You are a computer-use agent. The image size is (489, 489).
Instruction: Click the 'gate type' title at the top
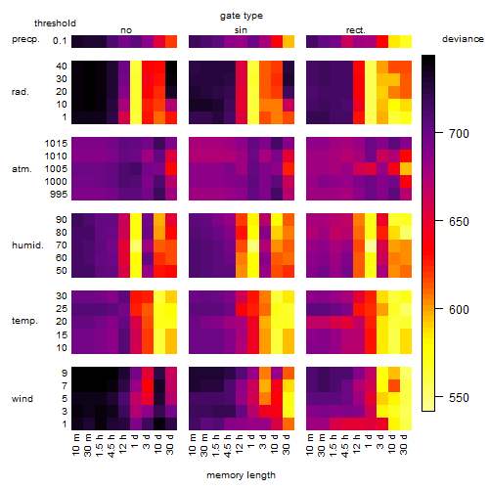[x=242, y=16]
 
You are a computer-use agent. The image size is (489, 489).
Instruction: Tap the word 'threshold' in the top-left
[x=55, y=23]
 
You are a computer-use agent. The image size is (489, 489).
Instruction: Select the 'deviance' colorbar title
[x=463, y=39]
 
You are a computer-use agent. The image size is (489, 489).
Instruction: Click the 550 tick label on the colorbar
[x=459, y=397]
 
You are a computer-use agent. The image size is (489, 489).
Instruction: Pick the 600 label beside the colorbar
[x=459, y=309]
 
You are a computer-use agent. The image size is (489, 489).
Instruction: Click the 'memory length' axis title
[x=242, y=475]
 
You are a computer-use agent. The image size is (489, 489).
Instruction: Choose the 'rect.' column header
[x=355, y=30]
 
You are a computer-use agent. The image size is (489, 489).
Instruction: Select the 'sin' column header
[x=241, y=30]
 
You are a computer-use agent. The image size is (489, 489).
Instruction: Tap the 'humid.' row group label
[x=27, y=245]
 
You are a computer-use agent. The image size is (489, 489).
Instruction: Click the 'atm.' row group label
[x=22, y=169]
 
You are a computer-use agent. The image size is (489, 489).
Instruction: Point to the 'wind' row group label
[x=22, y=399]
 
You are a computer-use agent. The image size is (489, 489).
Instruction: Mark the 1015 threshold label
[x=56, y=144]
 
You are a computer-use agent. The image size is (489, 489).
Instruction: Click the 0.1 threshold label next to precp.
[x=60, y=41]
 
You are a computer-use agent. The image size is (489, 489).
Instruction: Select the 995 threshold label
[x=59, y=195]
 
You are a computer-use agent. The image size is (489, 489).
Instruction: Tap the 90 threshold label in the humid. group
[x=61, y=220]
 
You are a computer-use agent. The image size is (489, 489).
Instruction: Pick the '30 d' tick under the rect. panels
[x=403, y=444]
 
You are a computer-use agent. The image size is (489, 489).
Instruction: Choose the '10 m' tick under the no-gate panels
[x=75, y=444]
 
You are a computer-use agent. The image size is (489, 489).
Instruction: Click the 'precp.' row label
[x=25, y=39]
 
